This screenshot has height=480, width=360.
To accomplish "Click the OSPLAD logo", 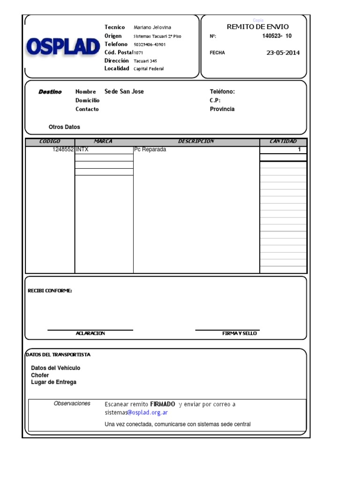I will [x=63, y=47].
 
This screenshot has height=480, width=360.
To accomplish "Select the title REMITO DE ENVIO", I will [x=258, y=27].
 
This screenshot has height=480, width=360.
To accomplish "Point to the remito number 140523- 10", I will [x=277, y=36].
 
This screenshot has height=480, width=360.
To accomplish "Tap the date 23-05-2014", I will [x=283, y=52].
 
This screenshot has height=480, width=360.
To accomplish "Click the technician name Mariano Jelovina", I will [x=152, y=28].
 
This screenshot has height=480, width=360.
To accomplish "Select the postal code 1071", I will [x=139, y=53].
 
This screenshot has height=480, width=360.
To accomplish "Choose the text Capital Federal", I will [x=149, y=69].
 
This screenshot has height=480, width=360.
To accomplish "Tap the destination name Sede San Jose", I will [x=124, y=91].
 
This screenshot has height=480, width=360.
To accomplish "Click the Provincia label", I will [x=222, y=109].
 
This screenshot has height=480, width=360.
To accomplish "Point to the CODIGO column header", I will [x=50, y=142].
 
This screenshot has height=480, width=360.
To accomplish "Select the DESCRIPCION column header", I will [x=196, y=142].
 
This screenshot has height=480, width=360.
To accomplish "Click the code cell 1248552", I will [x=63, y=150].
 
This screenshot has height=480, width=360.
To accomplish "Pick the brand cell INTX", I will [x=82, y=150].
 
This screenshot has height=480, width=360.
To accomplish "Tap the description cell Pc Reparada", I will [x=150, y=150].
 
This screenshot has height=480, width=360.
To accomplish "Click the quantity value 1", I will [x=299, y=150].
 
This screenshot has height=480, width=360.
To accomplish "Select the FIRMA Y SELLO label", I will [x=240, y=333].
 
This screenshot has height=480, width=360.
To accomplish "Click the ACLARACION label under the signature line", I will [x=90, y=333].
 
